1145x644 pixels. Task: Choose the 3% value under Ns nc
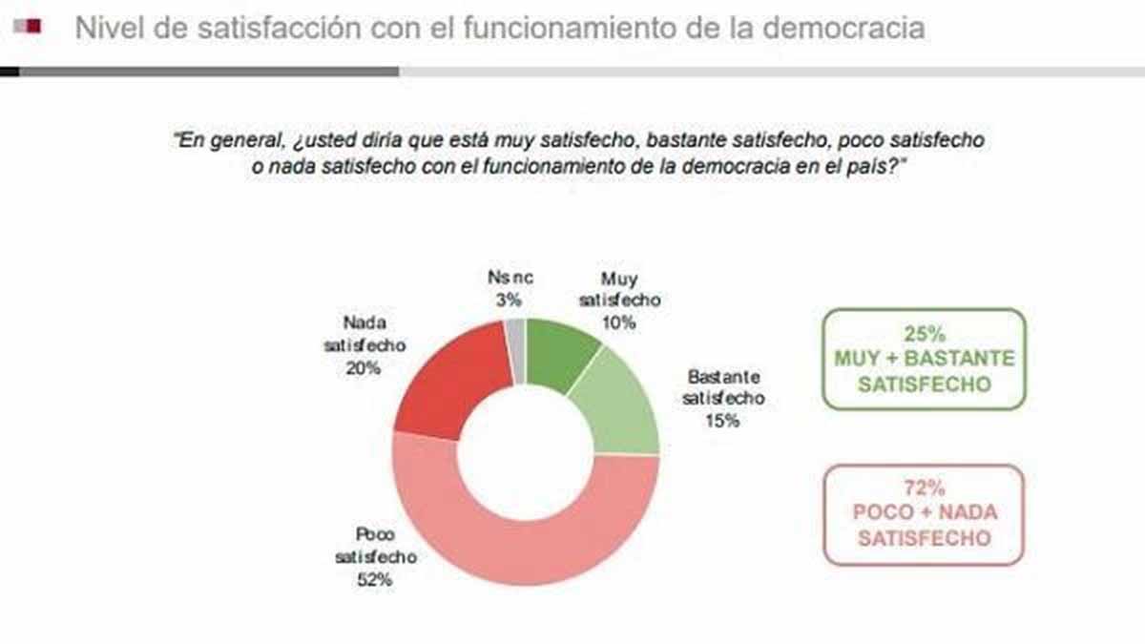(509, 300)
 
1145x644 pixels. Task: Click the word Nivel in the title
(106, 29)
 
